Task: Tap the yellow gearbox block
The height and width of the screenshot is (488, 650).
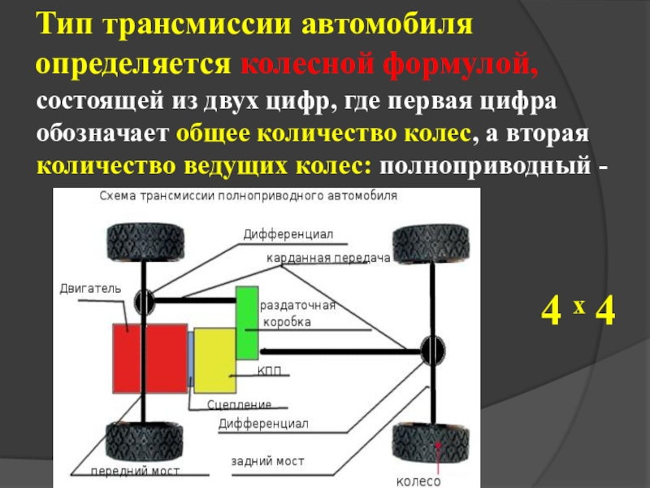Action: point(214,360)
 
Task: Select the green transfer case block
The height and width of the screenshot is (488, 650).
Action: point(246,323)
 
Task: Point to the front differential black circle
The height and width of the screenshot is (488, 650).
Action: point(145,302)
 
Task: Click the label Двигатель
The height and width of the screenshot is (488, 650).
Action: point(89,288)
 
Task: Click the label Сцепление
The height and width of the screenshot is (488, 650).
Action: point(239,404)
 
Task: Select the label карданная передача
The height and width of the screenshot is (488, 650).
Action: point(328,258)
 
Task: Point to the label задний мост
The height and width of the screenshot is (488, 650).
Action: point(267,461)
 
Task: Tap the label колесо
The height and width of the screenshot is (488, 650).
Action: point(418,480)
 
